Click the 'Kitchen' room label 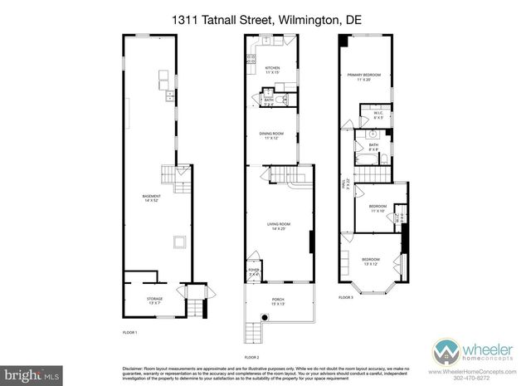[x=271, y=70]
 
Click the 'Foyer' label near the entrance [x=254, y=271]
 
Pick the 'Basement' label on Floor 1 [x=152, y=198]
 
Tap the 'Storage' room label [x=154, y=300]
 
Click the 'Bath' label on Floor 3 [x=373, y=147]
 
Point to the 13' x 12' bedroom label [x=372, y=262]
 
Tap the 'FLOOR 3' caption [x=346, y=296]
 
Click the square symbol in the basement [x=178, y=242]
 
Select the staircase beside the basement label [x=172, y=174]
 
